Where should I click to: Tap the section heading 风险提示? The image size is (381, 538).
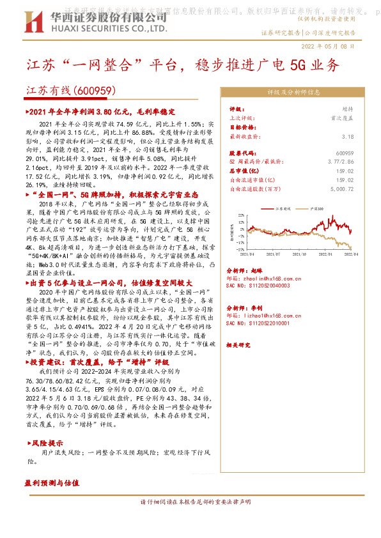tap(47, 443)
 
